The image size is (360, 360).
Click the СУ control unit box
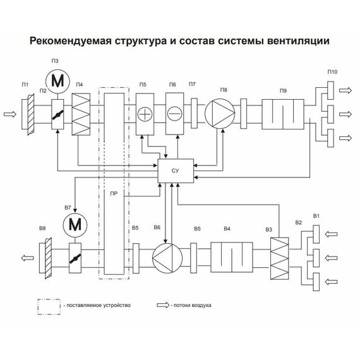[x=176, y=171]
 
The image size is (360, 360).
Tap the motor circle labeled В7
[x=75, y=224]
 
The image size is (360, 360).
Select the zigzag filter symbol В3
[x=279, y=258]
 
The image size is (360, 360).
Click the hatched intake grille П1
[x=30, y=114]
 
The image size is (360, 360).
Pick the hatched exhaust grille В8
[x=47, y=258]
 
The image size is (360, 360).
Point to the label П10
[x=332, y=72]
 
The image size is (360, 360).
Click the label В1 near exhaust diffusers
[x=316, y=217]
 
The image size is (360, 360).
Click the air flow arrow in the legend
[x=164, y=304]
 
